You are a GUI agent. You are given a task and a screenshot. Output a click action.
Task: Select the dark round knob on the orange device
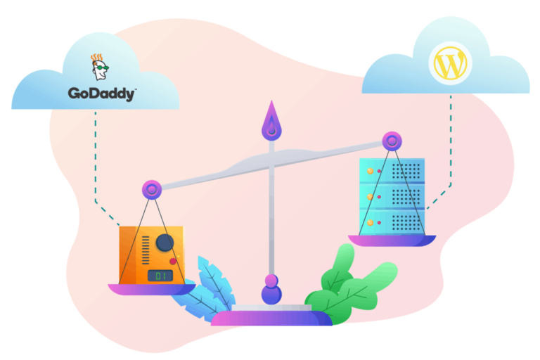[165, 243]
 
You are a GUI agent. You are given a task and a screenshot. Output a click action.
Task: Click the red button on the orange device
[173, 261]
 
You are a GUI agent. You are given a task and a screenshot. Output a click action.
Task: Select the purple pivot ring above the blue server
[391, 141]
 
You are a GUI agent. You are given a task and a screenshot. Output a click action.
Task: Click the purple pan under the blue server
[392, 240]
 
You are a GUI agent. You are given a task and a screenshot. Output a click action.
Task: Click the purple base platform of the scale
[271, 319]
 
